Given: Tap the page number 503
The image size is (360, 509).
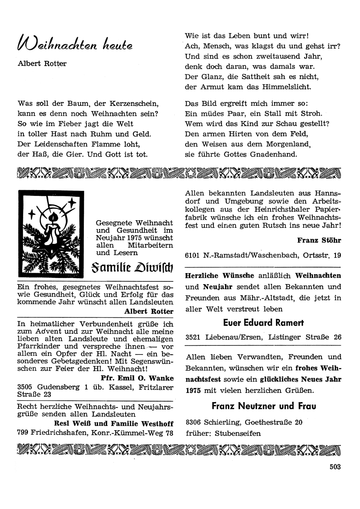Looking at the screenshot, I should point(335,467).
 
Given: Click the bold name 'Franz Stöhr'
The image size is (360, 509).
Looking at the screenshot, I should point(319,240).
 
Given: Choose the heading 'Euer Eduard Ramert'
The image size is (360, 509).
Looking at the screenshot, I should point(264,322).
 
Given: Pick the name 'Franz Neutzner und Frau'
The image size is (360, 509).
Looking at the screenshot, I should point(264,406).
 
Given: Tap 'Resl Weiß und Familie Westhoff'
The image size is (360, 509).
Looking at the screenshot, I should point(113,423).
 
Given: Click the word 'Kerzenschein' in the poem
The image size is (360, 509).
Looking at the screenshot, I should point(136,103).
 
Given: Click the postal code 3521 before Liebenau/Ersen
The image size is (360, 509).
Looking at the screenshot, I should point(194,338).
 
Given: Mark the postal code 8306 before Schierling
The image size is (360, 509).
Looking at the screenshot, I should point(194,422).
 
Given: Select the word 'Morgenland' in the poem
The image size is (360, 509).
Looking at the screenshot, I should point(287,144).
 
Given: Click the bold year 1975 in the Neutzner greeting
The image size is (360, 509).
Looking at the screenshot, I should point(194,390).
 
